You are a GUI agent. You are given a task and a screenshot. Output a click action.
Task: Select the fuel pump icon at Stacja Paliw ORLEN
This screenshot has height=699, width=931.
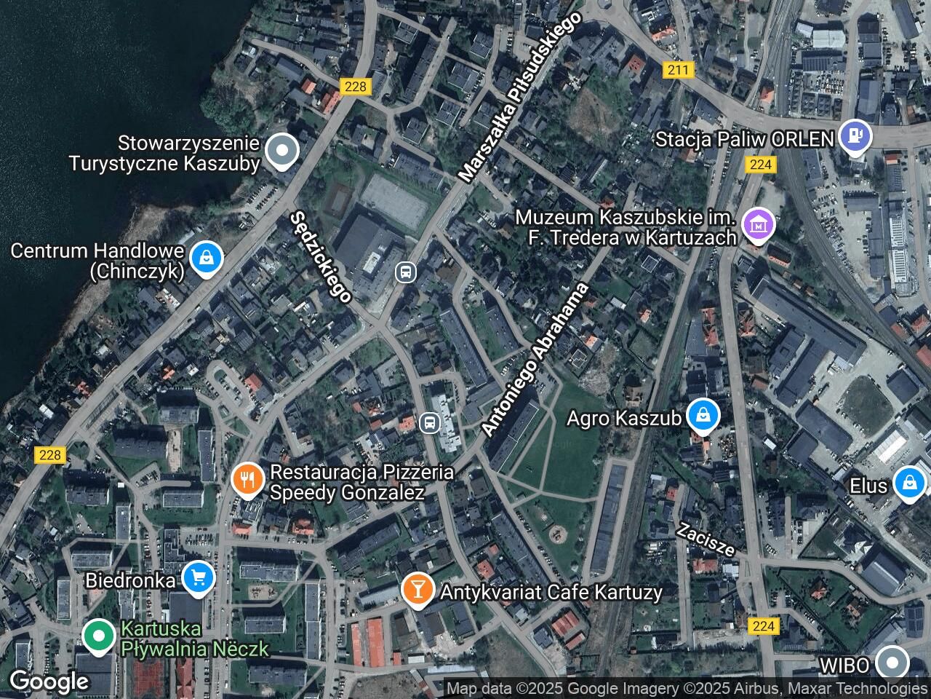coord(854,136)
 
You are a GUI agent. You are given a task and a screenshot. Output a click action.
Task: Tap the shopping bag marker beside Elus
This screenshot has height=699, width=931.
coord(909,483)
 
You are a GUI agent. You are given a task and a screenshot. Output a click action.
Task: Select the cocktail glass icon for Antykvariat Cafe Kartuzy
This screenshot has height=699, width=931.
coord(417,588)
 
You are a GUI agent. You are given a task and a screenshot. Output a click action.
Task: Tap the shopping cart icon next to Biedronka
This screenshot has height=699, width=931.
coord(197,577)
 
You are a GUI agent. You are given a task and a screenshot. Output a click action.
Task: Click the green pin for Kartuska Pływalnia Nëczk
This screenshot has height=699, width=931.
coord(97,635)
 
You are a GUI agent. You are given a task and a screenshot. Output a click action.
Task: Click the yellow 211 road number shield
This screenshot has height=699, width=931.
coord(679,70)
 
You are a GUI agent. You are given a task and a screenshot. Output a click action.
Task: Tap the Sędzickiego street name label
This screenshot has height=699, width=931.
coord(321,256)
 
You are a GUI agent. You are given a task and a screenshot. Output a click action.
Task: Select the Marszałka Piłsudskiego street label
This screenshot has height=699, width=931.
coord(520,97)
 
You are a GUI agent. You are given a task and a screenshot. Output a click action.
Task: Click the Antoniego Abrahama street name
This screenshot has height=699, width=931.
coord(535,360)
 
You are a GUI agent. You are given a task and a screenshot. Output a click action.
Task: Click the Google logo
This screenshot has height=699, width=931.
coord(49,682)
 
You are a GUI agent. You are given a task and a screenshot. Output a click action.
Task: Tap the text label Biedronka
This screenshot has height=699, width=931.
coord(130,580)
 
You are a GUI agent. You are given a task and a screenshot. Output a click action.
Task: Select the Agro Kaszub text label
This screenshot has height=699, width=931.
coord(623,419)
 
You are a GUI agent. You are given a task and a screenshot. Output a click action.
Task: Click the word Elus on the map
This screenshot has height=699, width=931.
coord(869,486)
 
